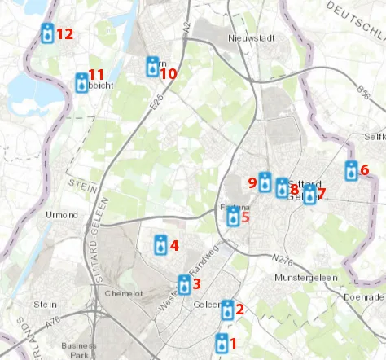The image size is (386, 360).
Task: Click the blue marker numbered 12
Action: [x=48, y=33]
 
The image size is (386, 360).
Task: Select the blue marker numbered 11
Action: [x=82, y=82]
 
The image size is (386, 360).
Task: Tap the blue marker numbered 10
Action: [x=153, y=67]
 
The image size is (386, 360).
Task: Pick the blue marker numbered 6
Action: [x=351, y=171]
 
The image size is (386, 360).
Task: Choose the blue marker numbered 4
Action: [x=162, y=245]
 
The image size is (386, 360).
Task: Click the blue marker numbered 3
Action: [x=185, y=285]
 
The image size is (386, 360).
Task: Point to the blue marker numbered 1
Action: [x=222, y=344]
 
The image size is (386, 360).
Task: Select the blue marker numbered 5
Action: [x=234, y=217]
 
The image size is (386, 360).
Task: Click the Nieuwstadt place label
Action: [x=248, y=38]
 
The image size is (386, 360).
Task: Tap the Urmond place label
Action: [x=62, y=215]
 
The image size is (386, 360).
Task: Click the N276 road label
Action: [x=283, y=260]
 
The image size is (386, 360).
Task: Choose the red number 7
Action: [x=322, y=193]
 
